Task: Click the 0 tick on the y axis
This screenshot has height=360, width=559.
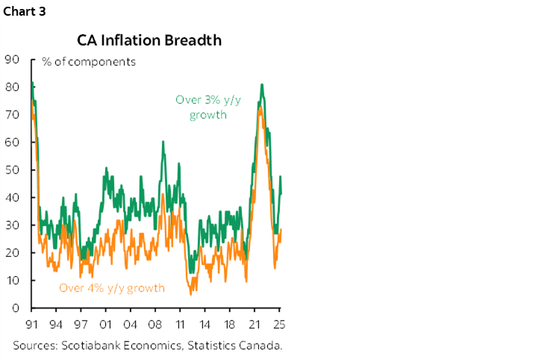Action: tap(14, 308)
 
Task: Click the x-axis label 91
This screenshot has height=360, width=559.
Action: tap(31, 325)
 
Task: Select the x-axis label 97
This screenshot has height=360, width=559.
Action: tap(81, 325)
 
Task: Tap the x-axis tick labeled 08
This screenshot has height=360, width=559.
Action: tap(155, 325)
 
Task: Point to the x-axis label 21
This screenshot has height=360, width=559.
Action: tap(254, 325)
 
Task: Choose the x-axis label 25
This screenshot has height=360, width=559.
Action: tap(280, 325)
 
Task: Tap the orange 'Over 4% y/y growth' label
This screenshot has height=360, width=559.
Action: tap(112, 288)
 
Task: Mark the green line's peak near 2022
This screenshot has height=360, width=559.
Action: tap(262, 85)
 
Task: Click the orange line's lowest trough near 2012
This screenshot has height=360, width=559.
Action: tap(190, 294)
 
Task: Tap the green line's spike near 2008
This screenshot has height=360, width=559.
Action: tap(163, 142)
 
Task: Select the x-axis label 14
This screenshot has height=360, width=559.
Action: tap(205, 325)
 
